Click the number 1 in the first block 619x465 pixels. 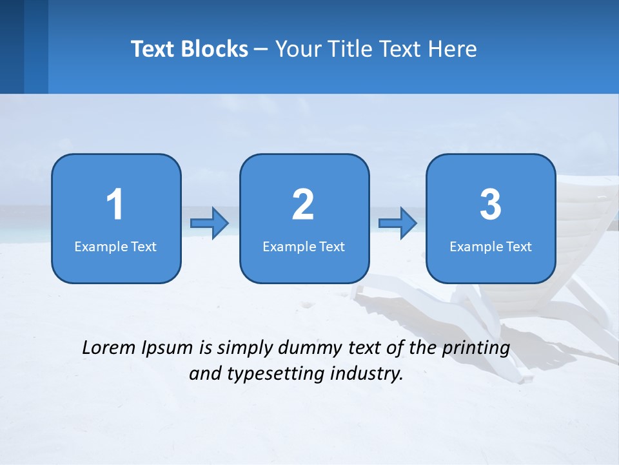pos(115,205)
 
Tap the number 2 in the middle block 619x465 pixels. pos(303,205)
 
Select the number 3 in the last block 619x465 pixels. pos(491,205)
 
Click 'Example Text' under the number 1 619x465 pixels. pos(115,246)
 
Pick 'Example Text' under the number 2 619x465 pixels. pos(304,246)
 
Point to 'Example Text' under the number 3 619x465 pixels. pos(491,246)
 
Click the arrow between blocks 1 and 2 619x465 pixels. pos(210,223)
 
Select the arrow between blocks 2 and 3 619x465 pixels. pos(397,223)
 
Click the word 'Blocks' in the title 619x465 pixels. pos(214,49)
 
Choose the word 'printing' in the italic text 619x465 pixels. pos(475,347)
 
